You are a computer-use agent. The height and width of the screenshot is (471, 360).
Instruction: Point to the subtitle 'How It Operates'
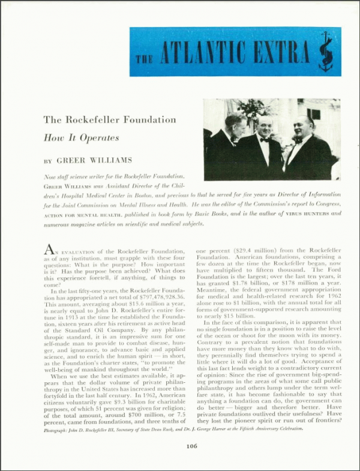click(x=81, y=137)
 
